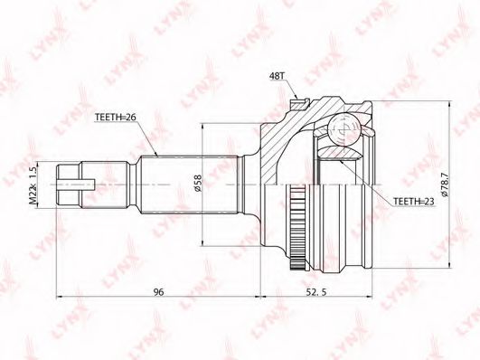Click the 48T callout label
(x=277, y=76)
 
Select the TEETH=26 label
(x=115, y=118)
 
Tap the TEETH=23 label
(x=414, y=202)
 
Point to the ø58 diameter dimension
(x=198, y=183)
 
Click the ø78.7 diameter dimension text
(x=445, y=185)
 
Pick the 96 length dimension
(x=158, y=292)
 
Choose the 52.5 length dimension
(x=315, y=292)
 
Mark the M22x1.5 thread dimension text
(x=33, y=185)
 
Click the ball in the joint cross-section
(x=344, y=129)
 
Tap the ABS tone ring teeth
(x=296, y=227)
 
